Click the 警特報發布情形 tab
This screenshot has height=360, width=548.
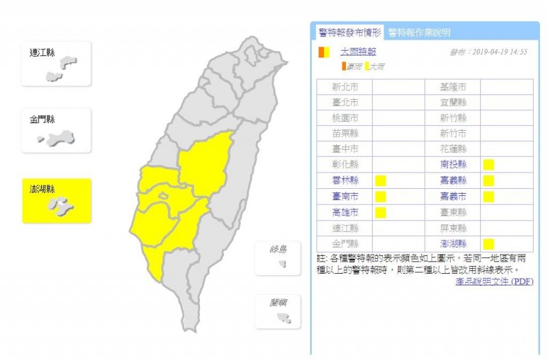[x=349, y=31]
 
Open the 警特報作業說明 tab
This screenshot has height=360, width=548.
[x=419, y=32]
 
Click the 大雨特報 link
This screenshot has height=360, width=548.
[x=358, y=51]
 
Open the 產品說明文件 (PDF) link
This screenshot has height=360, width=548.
[x=494, y=281]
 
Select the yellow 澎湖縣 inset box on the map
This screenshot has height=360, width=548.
[x=56, y=201]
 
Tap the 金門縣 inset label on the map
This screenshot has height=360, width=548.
[x=43, y=120]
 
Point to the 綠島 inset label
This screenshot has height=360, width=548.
[x=278, y=249]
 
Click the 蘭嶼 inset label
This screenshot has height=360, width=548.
[x=278, y=302]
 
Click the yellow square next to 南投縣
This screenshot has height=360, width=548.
[x=488, y=164]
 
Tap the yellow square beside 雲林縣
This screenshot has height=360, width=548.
[x=381, y=181]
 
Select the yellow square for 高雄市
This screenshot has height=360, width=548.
[x=381, y=212]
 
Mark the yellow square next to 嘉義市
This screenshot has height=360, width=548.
[x=488, y=196]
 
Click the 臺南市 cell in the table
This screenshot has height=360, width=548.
[x=345, y=196]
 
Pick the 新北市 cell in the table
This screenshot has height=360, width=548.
[x=345, y=87]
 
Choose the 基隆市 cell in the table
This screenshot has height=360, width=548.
[x=453, y=87]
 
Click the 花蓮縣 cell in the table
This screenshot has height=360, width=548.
[x=453, y=149]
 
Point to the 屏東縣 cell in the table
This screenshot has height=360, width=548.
[x=453, y=228]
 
